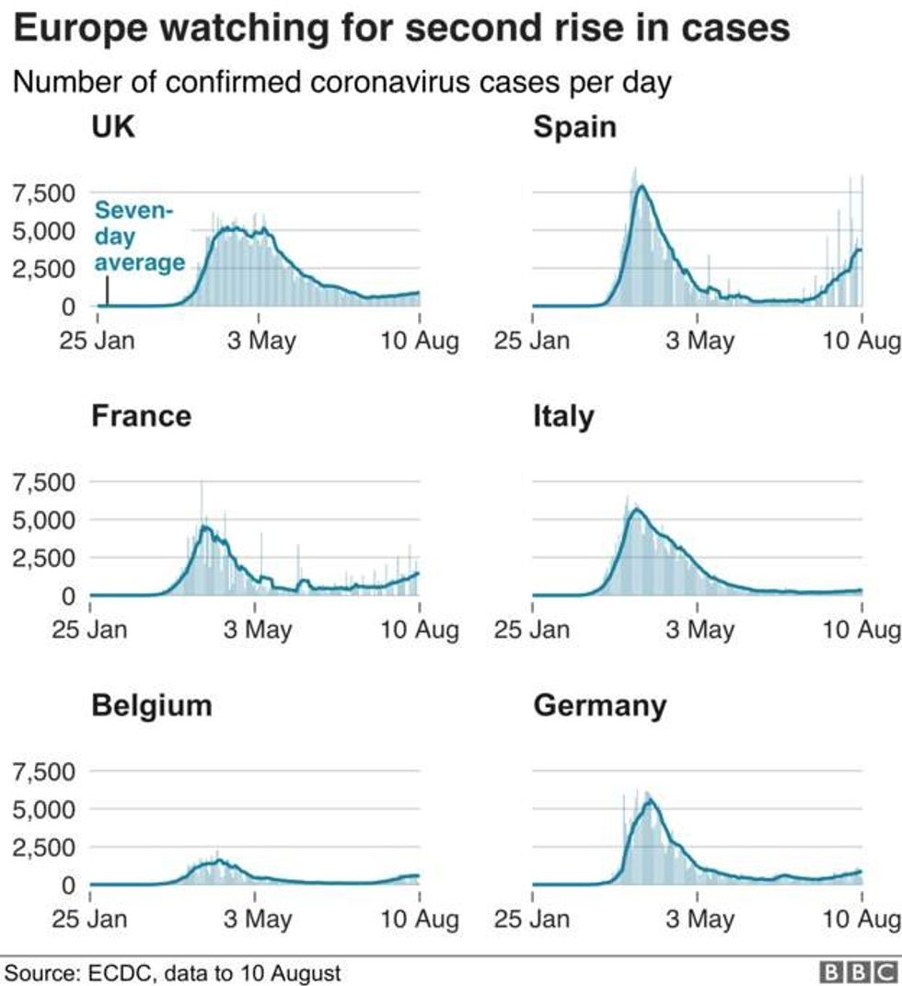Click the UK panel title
click(113, 126)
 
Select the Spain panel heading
click(574, 128)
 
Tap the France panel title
click(142, 416)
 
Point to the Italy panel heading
click(563, 417)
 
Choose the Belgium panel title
click(152, 705)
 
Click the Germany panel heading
click(600, 706)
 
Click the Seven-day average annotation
click(140, 236)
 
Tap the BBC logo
click(860, 972)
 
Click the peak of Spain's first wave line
click(642, 186)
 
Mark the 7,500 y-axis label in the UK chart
click(44, 193)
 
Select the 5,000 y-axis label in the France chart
click(44, 520)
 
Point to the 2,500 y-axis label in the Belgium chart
click(44, 847)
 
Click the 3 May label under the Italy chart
click(700, 630)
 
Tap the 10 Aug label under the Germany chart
click(862, 919)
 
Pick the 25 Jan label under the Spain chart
click(532, 341)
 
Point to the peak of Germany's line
click(649, 800)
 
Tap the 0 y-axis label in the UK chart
click(68, 307)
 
